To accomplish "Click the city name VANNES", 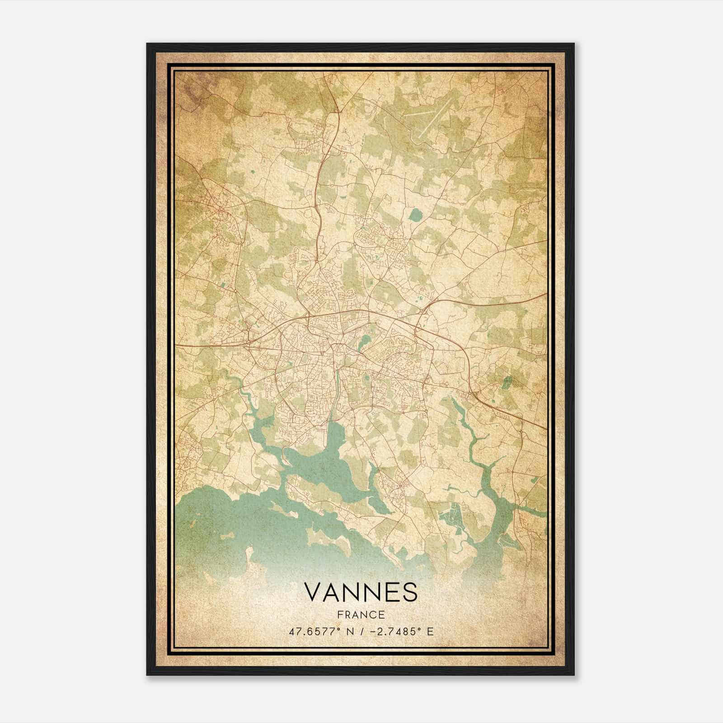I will tap(361, 592).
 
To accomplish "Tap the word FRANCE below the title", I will tap(361, 615).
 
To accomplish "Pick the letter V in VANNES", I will tap(312, 592).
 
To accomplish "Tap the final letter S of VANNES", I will tap(410, 592).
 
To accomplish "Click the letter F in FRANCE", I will tap(339, 615).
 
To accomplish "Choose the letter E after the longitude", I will tap(430, 631).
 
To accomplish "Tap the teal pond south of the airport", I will tap(414, 215).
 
